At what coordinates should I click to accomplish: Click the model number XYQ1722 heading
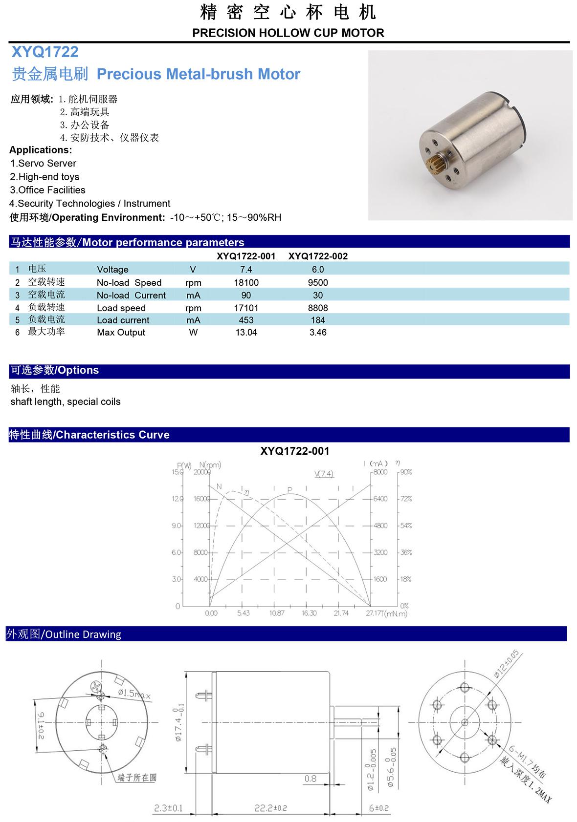pos(44,52)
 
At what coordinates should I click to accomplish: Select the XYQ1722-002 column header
pos(318,256)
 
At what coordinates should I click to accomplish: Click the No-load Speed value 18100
pos(246,282)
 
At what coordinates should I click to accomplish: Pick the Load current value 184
pos(318,320)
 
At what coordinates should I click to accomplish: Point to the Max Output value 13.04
pos(246,332)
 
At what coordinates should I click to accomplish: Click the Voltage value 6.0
pos(318,269)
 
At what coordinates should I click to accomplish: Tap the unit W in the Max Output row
pos(193,332)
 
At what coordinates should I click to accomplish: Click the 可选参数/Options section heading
pos(55,370)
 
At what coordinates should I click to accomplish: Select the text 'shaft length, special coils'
pos(66,401)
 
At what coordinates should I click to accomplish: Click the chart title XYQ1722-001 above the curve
pos(295,451)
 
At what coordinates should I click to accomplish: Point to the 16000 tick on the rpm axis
pos(201,499)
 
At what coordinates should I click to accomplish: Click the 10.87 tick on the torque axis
pos(277,613)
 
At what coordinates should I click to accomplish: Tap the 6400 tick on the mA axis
pos(380,499)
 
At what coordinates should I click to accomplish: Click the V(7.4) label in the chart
pos(324,474)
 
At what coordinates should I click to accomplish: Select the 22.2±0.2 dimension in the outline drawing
pos(270,808)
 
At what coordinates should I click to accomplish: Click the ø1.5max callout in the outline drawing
pos(134,693)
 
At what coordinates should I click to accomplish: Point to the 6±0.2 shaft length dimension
pos(378,808)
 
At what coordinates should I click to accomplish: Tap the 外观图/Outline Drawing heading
pos(64,634)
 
